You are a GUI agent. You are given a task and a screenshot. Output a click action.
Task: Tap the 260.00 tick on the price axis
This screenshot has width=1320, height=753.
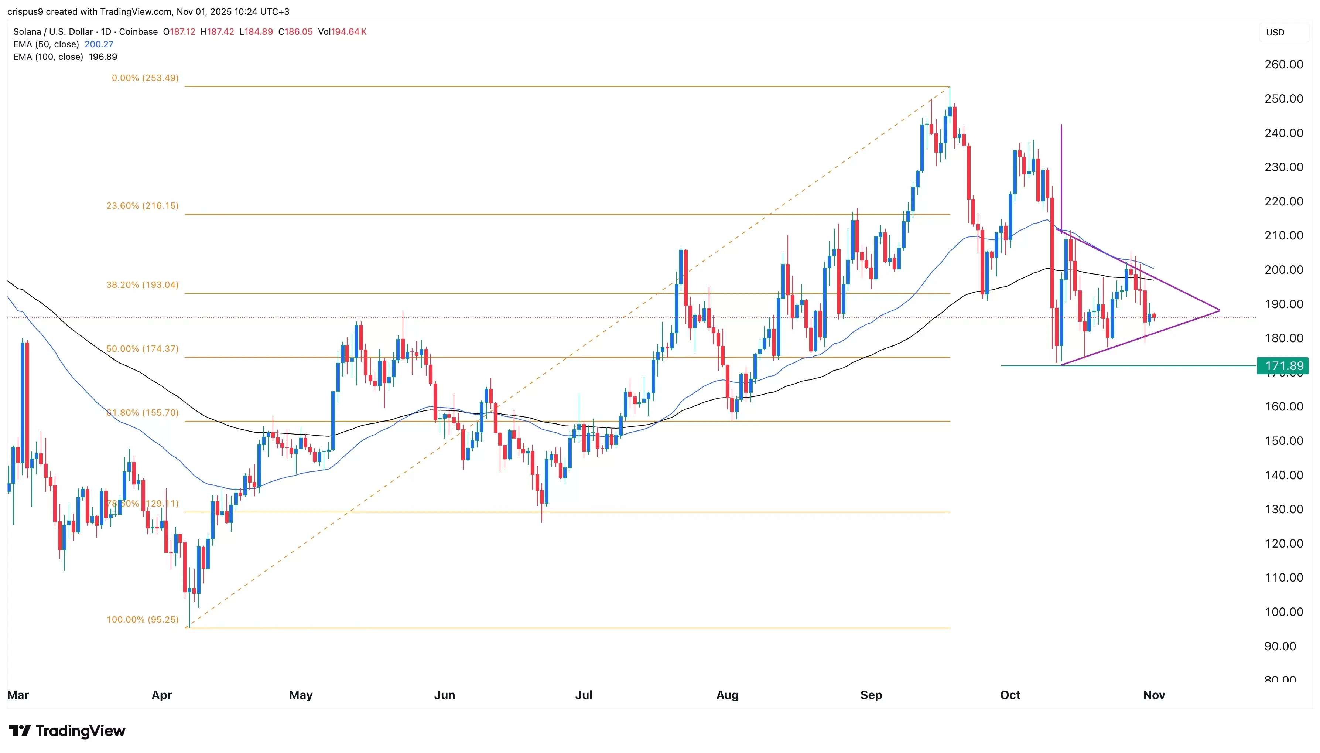click(1283, 64)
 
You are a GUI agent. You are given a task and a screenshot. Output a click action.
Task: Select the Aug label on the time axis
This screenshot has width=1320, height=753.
click(727, 695)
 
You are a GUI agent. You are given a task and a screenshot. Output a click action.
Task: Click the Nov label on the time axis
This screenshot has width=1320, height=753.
click(1153, 695)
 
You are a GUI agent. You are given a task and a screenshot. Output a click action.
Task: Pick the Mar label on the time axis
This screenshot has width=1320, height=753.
click(18, 695)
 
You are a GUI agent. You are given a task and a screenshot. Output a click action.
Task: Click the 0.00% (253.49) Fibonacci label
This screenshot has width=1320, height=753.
click(145, 78)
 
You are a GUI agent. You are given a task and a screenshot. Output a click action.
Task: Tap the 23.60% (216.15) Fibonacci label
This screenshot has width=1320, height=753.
click(142, 206)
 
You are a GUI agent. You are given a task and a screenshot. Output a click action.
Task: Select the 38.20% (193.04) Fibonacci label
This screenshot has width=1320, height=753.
click(142, 285)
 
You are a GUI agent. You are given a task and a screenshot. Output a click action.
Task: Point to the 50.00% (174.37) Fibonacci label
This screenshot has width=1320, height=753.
click(142, 348)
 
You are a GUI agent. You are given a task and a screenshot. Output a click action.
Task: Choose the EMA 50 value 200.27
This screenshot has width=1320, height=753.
click(99, 44)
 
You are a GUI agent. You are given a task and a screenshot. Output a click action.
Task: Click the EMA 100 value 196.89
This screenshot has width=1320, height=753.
click(103, 57)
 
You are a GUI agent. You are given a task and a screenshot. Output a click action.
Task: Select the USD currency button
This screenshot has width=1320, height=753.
click(1275, 32)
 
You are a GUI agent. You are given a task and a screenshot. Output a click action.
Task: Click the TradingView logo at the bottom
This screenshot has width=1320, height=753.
click(67, 731)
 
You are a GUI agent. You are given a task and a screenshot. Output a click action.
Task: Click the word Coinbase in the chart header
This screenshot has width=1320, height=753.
click(138, 31)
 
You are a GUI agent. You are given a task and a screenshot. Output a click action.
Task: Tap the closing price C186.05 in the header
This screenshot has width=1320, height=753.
click(295, 31)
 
